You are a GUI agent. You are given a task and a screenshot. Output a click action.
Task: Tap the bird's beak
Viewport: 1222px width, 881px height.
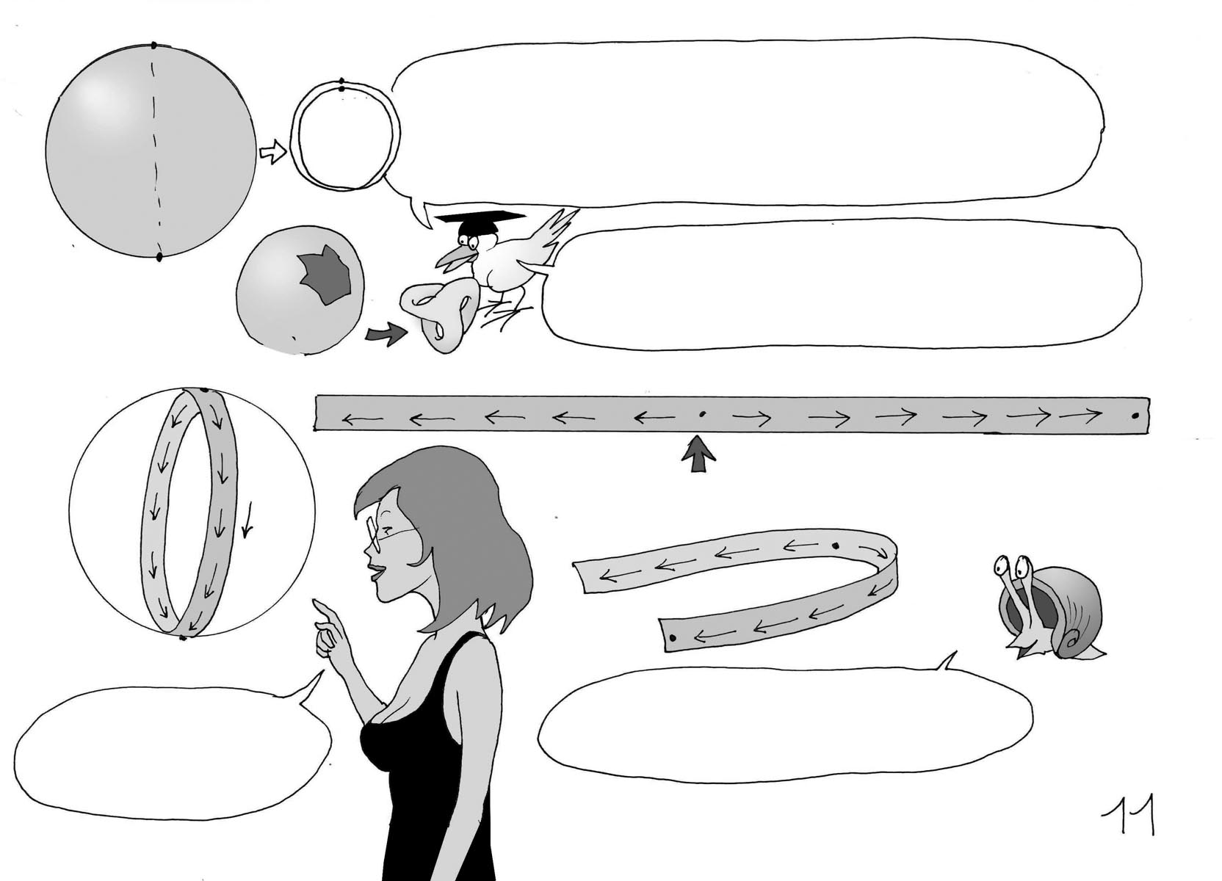click(x=451, y=258)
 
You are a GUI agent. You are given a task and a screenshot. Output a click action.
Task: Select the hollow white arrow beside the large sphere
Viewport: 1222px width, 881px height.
click(x=272, y=152)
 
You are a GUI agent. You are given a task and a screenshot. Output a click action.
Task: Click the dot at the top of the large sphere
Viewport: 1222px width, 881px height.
click(x=153, y=46)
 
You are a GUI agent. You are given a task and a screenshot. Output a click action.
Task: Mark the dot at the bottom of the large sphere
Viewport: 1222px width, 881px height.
click(x=159, y=257)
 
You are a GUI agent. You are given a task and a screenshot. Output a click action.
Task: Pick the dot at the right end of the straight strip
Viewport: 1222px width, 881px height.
click(x=1135, y=416)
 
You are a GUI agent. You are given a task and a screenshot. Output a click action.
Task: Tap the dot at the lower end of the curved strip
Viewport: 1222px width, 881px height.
click(x=673, y=638)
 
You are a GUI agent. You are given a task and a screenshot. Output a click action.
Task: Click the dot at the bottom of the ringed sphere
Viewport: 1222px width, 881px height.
click(x=183, y=638)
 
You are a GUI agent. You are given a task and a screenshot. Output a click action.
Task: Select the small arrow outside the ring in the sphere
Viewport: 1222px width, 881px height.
click(x=248, y=520)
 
